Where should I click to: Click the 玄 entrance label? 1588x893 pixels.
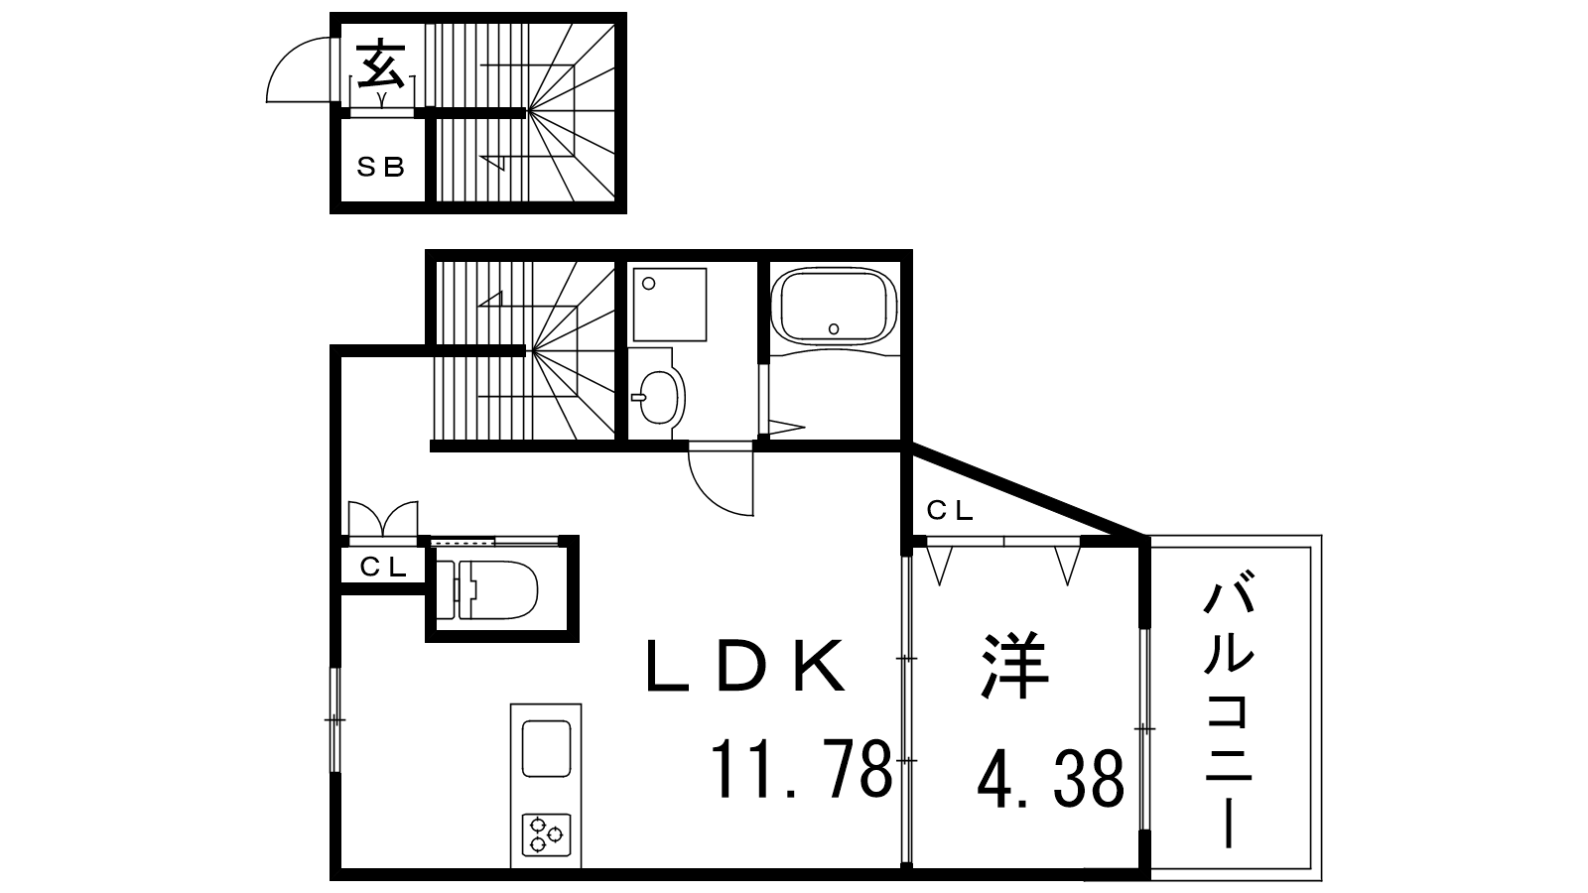pos(381,64)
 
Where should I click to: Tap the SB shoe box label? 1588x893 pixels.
pos(381,168)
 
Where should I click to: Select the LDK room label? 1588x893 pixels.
pos(745,666)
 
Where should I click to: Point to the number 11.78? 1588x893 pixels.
pos(800,768)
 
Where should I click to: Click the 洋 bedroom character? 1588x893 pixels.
pos(1015,666)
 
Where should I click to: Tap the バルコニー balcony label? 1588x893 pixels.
pos(1229,714)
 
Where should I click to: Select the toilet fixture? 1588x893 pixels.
pos(487,589)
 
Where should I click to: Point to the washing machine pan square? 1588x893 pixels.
pos(670,305)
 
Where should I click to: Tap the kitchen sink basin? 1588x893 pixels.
pos(547,748)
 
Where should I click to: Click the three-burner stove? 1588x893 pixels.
pos(546,834)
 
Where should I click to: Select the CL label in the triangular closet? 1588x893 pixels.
pos(949,510)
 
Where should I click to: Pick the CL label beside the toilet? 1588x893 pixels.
pos(383,567)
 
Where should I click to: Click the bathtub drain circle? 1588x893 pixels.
pos(834,328)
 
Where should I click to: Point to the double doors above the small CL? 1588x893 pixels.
pos(383,519)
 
